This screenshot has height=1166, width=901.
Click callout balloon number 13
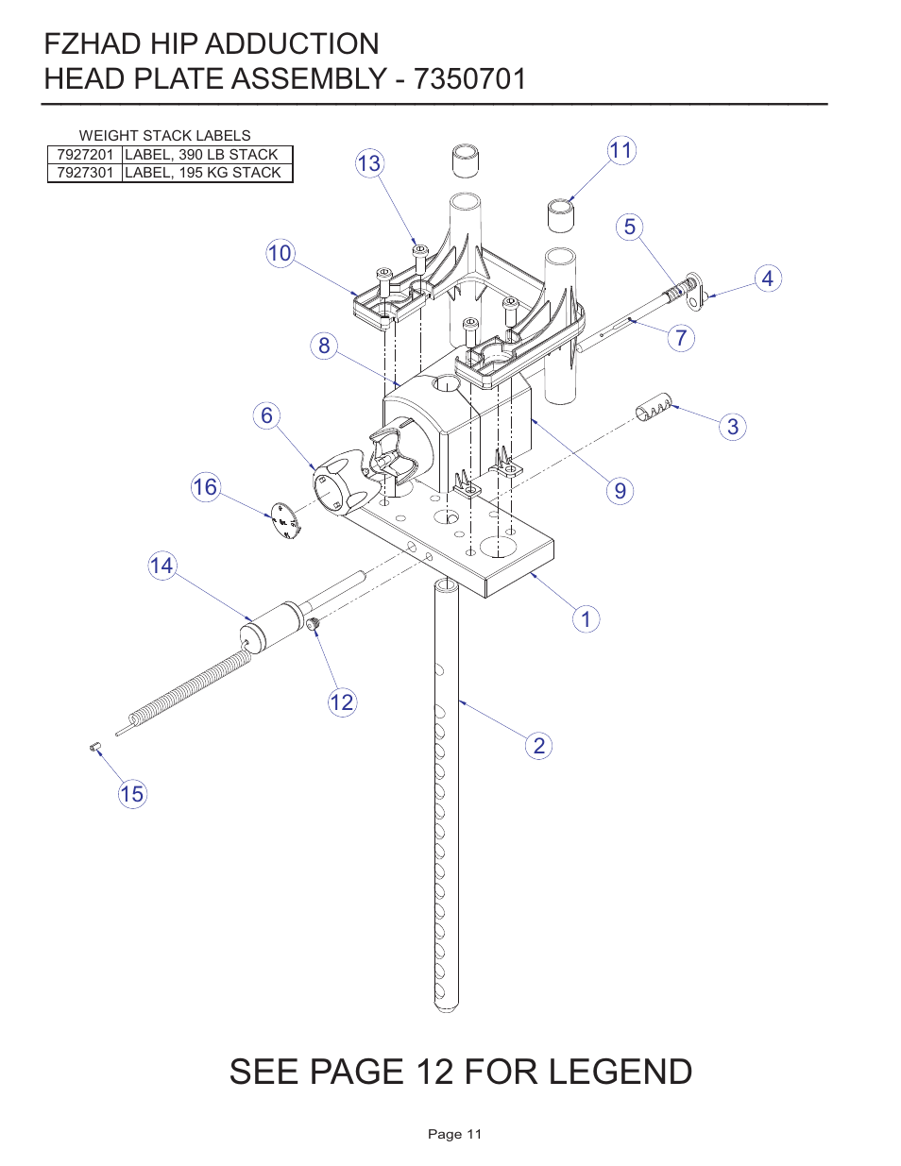pos(368,163)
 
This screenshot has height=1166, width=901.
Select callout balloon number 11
pos(620,150)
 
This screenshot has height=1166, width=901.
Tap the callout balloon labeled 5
pos(630,228)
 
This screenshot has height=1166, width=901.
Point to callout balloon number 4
pos(768,279)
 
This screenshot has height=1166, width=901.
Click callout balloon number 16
pos(205,487)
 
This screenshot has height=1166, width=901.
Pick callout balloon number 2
pos(538,746)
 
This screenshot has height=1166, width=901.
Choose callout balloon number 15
pos(132,794)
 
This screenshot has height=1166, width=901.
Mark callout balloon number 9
pos(620,491)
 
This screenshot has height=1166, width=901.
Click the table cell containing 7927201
pos(85,155)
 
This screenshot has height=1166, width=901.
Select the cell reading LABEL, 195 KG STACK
pos(203,173)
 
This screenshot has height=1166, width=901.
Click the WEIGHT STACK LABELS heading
pos(164,136)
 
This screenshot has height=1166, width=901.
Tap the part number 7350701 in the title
pos(469,78)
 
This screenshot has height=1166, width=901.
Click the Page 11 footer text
pos(454,1134)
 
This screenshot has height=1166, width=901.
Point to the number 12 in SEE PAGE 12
pos(434,1073)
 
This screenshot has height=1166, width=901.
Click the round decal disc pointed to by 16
pos(284,520)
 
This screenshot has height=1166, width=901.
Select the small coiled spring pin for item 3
pos(654,407)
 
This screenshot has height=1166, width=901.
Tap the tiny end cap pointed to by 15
pos(95,747)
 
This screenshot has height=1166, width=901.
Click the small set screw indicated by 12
pos(313,623)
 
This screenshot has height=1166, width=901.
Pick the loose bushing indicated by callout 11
pos(561,214)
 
